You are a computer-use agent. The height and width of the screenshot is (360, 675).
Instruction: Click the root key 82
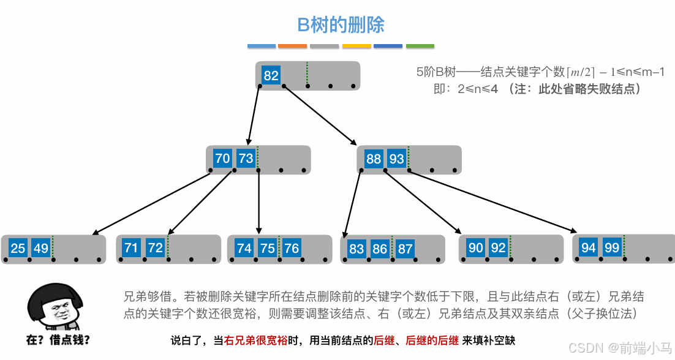tap(271, 75)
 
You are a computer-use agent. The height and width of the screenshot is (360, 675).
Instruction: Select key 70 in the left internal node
tap(222, 159)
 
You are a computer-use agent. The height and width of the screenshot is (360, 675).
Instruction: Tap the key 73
tap(246, 159)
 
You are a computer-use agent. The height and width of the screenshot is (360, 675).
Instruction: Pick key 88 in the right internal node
tap(373, 159)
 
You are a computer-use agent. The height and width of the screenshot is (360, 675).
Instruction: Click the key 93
tap(396, 159)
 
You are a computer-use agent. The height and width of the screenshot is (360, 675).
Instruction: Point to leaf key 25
tap(18, 248)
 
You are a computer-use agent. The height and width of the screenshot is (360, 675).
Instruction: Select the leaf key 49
tap(40, 248)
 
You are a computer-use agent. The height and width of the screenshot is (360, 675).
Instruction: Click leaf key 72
tap(156, 248)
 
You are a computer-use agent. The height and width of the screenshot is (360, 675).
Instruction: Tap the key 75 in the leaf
tap(267, 248)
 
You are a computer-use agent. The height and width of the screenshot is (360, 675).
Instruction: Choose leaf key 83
tap(356, 249)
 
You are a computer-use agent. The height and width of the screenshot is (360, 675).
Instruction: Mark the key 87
tap(405, 249)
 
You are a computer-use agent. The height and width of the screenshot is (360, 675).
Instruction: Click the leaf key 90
tap(476, 248)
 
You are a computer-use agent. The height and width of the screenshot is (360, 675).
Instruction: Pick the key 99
tap(612, 247)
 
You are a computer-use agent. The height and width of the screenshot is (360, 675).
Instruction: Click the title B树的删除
tap(341, 25)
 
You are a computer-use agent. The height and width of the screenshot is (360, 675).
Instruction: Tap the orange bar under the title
tap(292, 46)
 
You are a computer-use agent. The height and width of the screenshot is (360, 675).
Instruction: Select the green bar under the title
tap(420, 46)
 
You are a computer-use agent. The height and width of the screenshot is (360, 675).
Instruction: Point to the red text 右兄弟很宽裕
tap(254, 340)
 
